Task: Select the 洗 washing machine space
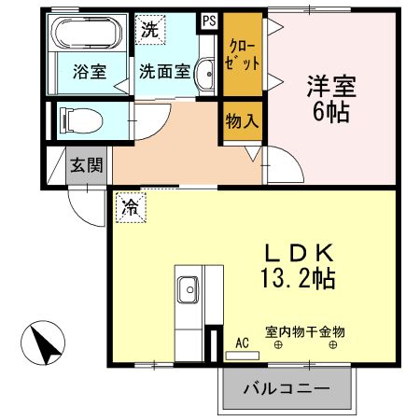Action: point(149,29)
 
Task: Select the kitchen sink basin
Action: point(188,290)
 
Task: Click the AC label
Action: point(242,343)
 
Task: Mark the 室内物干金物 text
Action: point(304,331)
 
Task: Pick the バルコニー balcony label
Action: point(287,387)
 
